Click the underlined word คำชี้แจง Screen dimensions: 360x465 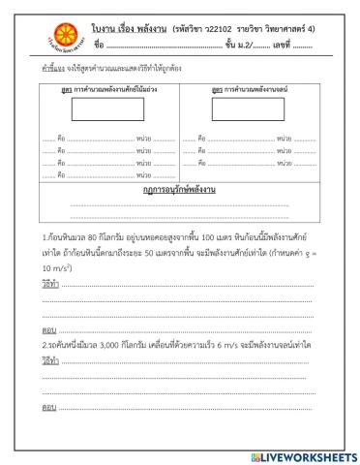tap(54, 71)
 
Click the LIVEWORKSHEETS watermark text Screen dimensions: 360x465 tap(308, 455)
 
